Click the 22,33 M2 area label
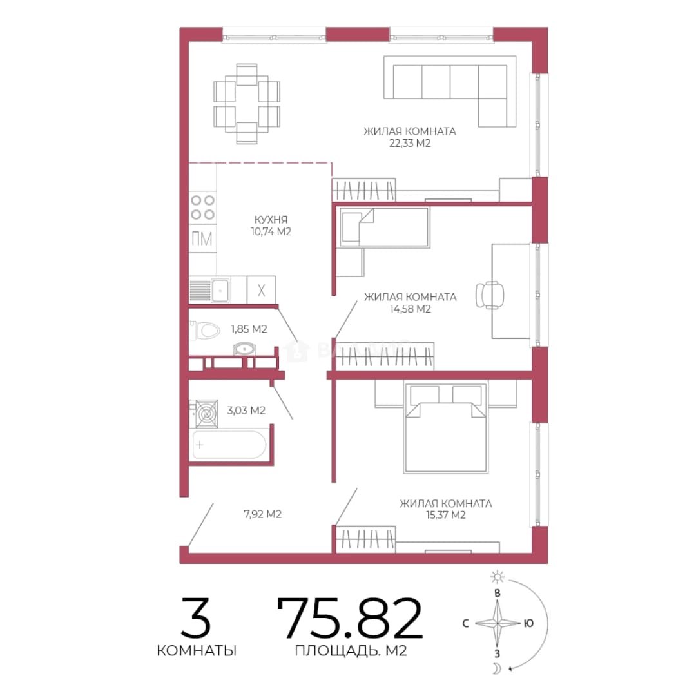click(410, 143)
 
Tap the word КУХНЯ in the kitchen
click(271, 219)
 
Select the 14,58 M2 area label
click(410, 309)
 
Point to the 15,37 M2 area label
click(446, 515)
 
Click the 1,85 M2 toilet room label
click(249, 329)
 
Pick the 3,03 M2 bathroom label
click(246, 410)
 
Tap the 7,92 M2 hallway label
click(262, 514)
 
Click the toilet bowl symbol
click(205, 331)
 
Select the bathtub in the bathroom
click(229, 444)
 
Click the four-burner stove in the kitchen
click(203, 208)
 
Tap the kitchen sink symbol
click(209, 291)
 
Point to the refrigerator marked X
click(261, 290)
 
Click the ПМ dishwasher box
click(203, 239)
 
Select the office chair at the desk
click(490, 295)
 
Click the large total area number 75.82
click(350, 618)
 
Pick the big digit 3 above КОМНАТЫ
click(196, 618)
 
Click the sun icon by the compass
click(497, 577)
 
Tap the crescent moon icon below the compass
click(497, 668)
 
